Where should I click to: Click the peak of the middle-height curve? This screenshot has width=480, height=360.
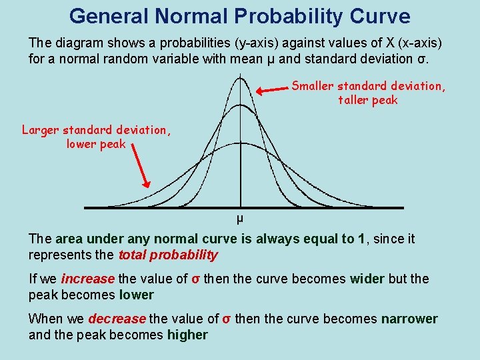240,105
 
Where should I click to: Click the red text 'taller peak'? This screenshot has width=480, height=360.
367,100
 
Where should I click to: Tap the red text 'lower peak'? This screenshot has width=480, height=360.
96,143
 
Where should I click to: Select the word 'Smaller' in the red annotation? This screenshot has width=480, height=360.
315,86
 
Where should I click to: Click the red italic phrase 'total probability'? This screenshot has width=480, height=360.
168,255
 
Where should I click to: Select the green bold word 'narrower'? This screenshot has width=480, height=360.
409,319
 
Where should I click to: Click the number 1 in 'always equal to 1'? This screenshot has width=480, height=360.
361,239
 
